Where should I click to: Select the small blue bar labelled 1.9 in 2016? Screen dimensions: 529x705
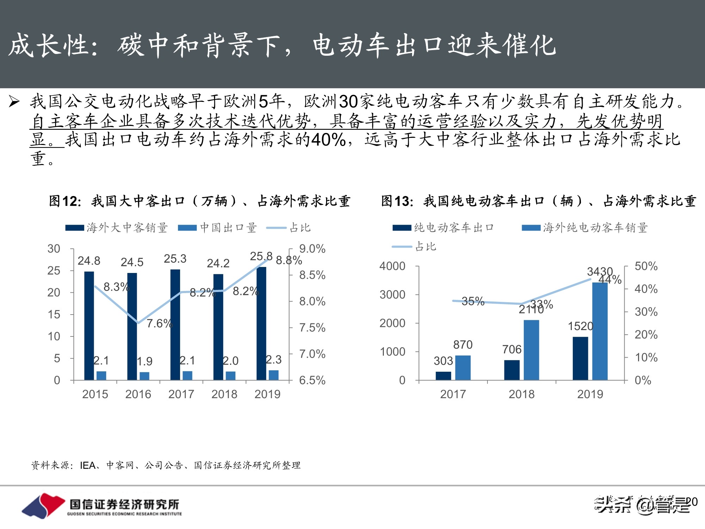(145, 376)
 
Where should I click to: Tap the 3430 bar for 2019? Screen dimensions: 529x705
(600, 332)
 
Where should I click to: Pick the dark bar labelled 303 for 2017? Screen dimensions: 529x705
(443, 376)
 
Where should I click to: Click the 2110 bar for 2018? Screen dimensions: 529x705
(531, 350)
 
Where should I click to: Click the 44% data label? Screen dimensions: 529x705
(610, 280)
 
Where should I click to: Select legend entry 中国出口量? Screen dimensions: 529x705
(228, 228)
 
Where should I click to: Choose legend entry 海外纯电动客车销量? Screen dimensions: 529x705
(595, 228)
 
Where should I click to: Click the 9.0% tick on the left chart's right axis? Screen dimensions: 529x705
(312, 249)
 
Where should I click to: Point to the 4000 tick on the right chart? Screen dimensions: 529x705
(392, 266)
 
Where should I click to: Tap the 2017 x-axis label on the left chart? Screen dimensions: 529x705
(181, 394)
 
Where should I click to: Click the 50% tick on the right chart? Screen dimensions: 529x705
(646, 266)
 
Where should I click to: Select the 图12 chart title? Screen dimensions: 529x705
(200, 201)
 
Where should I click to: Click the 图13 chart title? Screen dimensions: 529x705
(538, 201)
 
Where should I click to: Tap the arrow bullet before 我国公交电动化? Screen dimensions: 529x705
(14, 102)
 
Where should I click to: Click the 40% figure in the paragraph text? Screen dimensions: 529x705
(328, 140)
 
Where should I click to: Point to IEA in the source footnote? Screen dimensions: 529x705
(88, 466)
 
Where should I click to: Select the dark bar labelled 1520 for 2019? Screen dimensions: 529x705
(580, 358)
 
